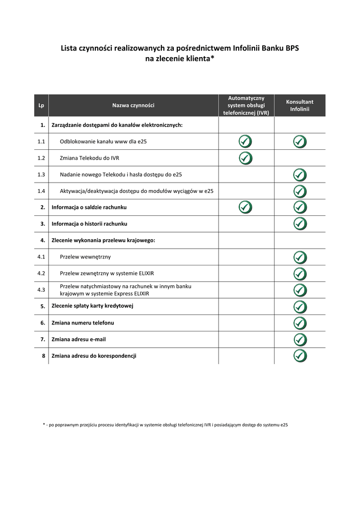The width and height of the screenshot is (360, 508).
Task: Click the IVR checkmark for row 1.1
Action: [x=245, y=141]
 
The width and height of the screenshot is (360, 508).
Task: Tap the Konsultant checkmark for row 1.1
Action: [x=300, y=141]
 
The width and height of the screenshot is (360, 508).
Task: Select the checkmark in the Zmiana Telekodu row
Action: [x=245, y=158]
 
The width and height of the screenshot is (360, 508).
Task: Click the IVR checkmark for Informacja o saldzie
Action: [x=245, y=207]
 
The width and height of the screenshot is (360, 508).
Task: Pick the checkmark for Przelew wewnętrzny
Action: [x=300, y=257]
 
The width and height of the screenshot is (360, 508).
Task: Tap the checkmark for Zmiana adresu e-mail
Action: [x=300, y=339]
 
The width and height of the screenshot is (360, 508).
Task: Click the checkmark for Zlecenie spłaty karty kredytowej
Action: [x=300, y=306]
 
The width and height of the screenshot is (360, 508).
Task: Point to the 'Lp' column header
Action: [x=41, y=105]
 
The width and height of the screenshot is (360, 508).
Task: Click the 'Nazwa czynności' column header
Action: [x=133, y=105]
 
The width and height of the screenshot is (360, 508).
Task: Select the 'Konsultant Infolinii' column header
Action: [x=299, y=105]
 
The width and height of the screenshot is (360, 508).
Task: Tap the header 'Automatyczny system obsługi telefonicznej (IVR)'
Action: [x=246, y=105]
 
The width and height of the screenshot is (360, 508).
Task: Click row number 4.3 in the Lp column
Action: [x=41, y=290]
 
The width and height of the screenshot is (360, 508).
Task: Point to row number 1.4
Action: [x=41, y=191]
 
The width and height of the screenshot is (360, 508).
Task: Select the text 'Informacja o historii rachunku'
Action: [x=89, y=224]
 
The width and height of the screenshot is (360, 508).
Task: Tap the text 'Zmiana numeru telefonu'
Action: [x=82, y=323]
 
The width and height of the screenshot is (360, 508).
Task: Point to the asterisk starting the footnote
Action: [x=44, y=425]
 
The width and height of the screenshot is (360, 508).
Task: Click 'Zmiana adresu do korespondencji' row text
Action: [x=94, y=356]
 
